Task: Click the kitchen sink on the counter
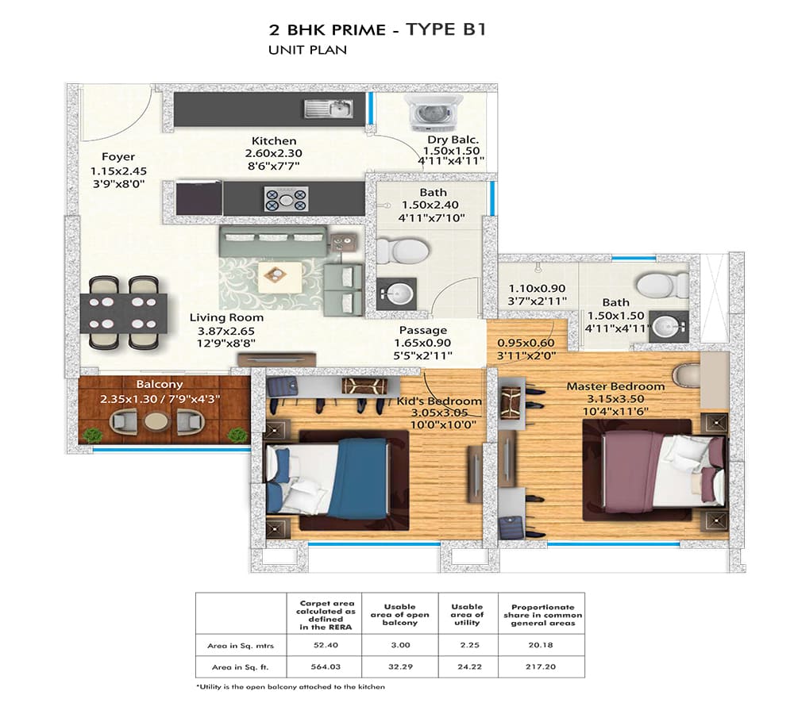click(329, 109)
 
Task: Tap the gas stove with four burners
click(286, 199)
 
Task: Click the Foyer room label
click(118, 157)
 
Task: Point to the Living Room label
click(226, 318)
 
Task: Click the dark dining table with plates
click(124, 313)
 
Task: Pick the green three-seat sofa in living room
click(272, 241)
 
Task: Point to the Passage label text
click(423, 331)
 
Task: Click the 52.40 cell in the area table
click(326, 645)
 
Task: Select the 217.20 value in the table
click(541, 667)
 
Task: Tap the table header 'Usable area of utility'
click(467, 614)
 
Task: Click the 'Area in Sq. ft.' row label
click(240, 667)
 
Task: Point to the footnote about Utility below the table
click(291, 687)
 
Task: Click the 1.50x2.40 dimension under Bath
click(430, 205)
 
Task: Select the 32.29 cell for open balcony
click(400, 667)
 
